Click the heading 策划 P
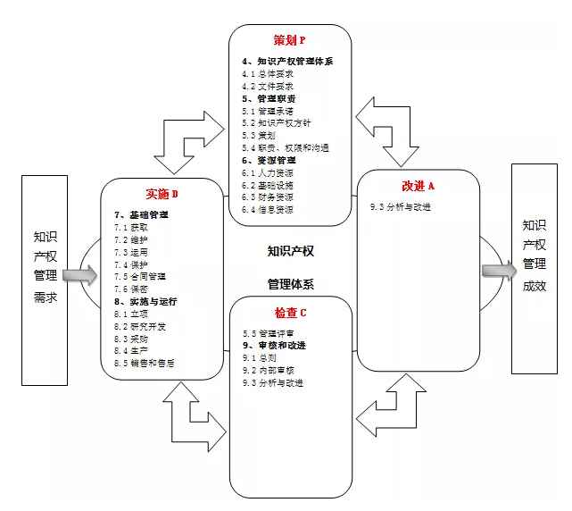click(290, 40)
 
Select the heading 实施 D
click(162, 195)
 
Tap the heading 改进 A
click(418, 186)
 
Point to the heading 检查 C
click(290, 313)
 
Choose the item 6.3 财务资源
click(268, 197)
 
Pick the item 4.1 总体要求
click(268, 73)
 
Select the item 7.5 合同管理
click(140, 277)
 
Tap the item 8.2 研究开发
click(140, 326)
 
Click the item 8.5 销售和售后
click(145, 363)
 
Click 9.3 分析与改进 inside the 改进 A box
click(401, 206)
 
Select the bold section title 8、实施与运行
click(144, 302)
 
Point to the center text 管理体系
click(291, 285)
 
